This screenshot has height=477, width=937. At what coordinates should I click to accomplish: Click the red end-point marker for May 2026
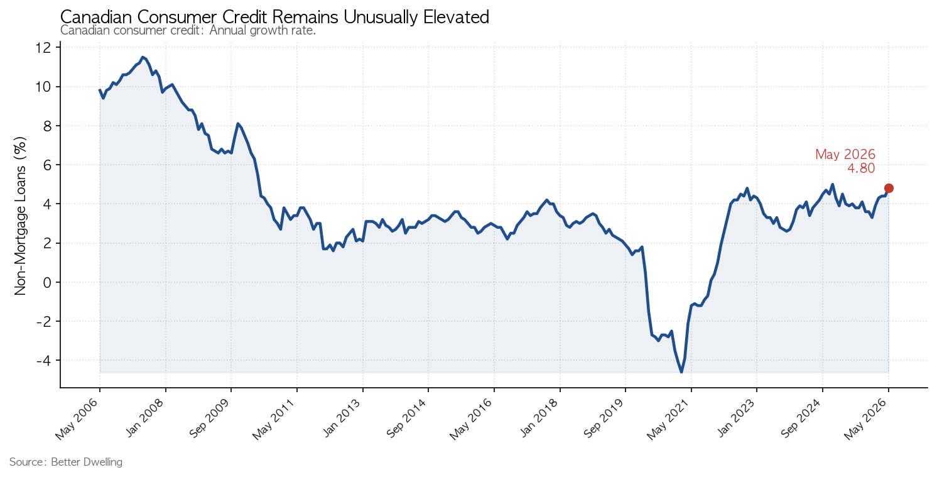pos(889,189)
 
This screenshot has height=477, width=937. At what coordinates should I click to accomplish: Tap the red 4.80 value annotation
pos(861,168)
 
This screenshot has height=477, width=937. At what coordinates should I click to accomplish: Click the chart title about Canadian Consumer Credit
pos(275,17)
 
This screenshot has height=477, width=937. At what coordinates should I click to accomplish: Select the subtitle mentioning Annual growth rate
pos(188,31)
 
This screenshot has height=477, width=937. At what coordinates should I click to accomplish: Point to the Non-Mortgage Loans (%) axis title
pos(19,216)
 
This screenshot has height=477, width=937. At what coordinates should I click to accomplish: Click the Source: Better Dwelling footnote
pos(66,462)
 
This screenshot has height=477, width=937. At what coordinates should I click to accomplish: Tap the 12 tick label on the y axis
pos(43,48)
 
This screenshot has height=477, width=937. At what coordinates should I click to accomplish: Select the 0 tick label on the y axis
pos(47,282)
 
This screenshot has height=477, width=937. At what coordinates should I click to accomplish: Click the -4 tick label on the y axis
pos(43,360)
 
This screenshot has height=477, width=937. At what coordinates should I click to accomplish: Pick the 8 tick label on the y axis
pos(47,126)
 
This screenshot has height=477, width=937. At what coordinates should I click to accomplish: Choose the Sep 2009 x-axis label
pos(210,419)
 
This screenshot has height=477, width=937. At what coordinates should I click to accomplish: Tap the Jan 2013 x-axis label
pos(343,419)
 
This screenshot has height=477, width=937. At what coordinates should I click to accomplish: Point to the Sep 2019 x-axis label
pos(604,419)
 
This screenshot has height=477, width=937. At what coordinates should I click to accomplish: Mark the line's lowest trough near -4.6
pos(681,372)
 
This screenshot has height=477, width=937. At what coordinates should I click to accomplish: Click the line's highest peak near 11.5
pos(143,57)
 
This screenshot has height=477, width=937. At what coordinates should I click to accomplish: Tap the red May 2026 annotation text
pos(845,155)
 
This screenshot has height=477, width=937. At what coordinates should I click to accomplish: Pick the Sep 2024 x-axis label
pos(802,419)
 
